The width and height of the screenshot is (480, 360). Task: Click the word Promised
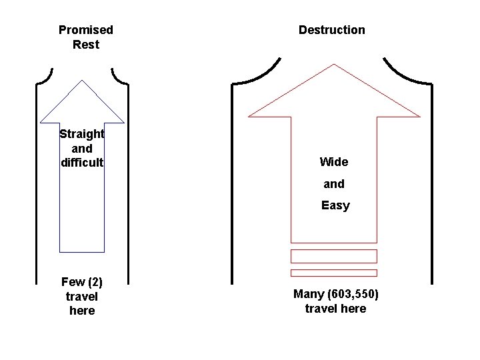pyautogui.click(x=86, y=30)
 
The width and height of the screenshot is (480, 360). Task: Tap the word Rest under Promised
pyautogui.click(x=86, y=45)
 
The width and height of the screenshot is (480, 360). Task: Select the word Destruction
pyautogui.click(x=331, y=30)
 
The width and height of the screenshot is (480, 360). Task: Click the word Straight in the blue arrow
pyautogui.click(x=82, y=133)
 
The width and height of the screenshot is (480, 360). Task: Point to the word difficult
pyautogui.click(x=82, y=162)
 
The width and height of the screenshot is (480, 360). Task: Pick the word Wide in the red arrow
pyautogui.click(x=334, y=162)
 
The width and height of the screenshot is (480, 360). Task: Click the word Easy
pyautogui.click(x=335, y=205)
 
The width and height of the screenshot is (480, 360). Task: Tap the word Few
pyautogui.click(x=73, y=281)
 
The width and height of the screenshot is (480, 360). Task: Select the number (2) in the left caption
pyautogui.click(x=95, y=281)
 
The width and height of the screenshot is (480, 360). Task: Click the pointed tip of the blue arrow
pyautogui.click(x=82, y=81)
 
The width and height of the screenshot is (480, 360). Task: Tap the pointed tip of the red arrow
pyautogui.click(x=334, y=66)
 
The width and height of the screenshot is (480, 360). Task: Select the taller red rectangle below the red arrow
pyautogui.click(x=334, y=256)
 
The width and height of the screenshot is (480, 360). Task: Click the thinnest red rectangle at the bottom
pyautogui.click(x=334, y=273)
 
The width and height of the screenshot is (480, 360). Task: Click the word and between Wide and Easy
pyautogui.click(x=334, y=184)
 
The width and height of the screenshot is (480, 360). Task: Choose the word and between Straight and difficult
pyautogui.click(x=82, y=148)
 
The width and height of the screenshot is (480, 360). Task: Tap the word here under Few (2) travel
pyautogui.click(x=82, y=311)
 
